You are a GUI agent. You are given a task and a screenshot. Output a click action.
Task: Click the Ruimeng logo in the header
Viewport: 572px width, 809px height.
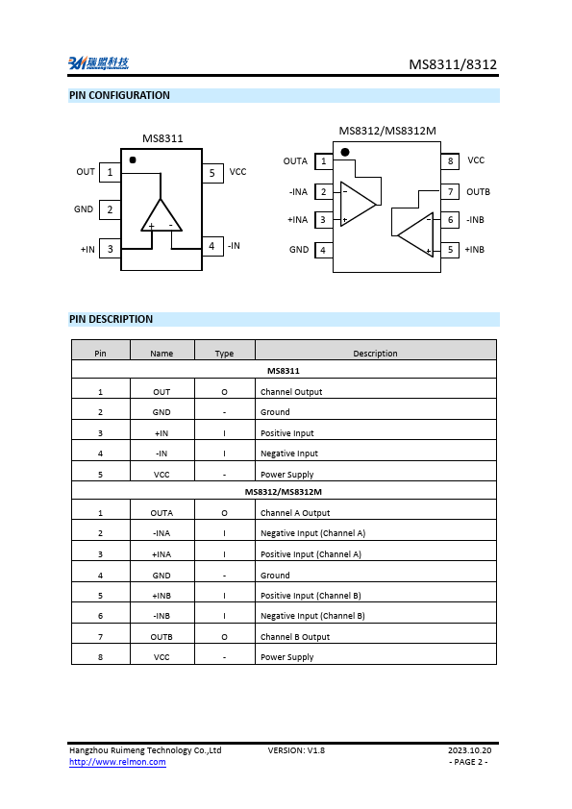point(97,63)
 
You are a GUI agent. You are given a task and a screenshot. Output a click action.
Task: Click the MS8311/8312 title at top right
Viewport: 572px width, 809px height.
point(453,64)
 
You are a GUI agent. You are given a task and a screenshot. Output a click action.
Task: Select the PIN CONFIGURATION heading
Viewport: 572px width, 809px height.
point(119,95)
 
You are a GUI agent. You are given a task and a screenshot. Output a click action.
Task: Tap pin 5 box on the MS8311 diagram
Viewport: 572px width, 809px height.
point(212,173)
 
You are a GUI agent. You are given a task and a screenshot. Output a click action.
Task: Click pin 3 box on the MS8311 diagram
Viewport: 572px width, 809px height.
point(110,249)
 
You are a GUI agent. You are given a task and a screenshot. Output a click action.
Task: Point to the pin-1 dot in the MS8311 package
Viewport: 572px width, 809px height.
point(133,159)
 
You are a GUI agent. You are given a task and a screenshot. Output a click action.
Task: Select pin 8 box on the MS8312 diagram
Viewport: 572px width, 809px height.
point(450,161)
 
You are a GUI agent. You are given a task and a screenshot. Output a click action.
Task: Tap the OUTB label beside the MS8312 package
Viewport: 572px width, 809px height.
point(478,192)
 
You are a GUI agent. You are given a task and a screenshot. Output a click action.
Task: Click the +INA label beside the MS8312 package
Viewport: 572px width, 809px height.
point(297,220)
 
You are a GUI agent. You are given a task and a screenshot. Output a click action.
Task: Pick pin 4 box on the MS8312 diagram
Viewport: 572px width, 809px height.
point(323,250)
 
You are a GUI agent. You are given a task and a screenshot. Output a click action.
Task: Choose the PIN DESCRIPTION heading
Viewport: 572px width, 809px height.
point(111,319)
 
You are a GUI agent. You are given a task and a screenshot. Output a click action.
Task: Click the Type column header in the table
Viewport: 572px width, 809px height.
point(224,354)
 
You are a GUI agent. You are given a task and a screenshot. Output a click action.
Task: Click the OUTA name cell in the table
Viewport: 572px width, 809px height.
point(162,513)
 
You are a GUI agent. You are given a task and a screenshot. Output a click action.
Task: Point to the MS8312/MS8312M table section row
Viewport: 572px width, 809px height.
point(284,492)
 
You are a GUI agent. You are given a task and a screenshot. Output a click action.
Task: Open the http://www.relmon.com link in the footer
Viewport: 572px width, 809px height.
point(117,762)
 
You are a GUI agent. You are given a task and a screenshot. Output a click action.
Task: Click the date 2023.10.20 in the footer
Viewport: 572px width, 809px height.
point(469,749)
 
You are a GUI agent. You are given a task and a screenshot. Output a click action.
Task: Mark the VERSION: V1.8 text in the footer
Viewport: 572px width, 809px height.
point(296,749)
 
